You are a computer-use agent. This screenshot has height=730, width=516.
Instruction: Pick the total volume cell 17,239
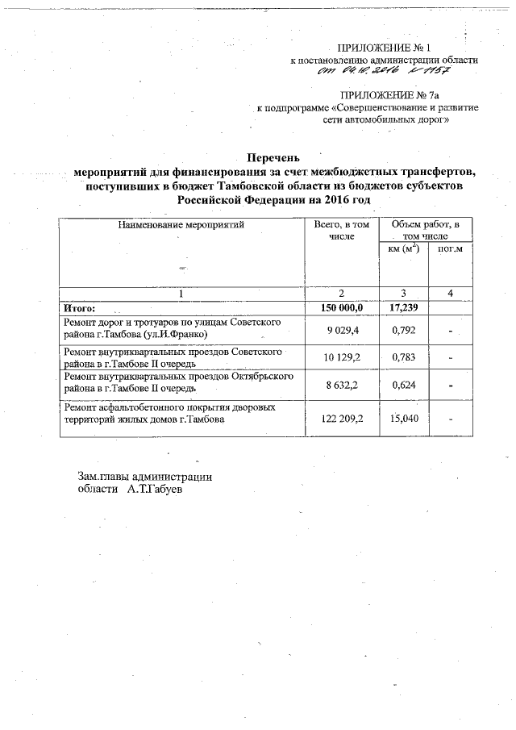(x=402, y=307)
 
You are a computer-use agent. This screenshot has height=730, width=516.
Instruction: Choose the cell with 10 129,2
(x=345, y=358)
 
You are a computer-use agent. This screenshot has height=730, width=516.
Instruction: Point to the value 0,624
(x=402, y=385)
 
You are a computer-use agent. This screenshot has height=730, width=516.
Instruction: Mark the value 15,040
(x=402, y=419)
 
